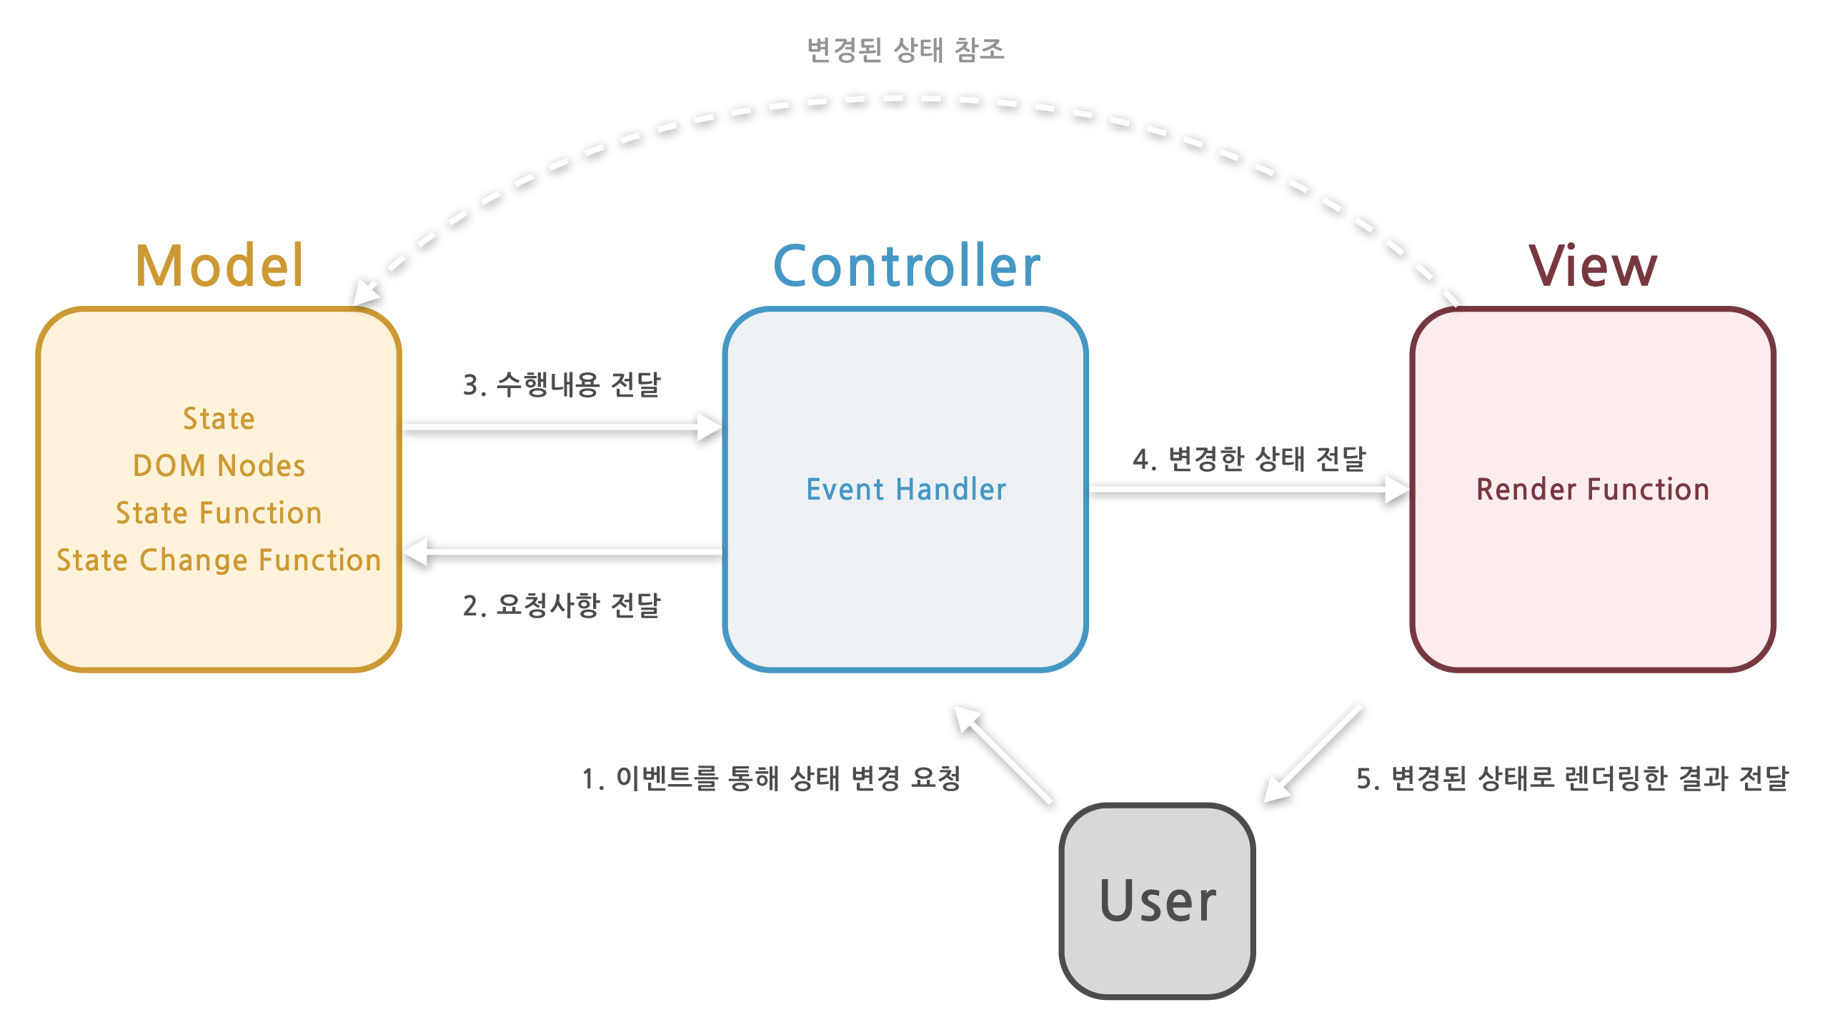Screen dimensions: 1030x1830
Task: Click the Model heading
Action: [219, 266]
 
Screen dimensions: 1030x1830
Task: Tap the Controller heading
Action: [906, 266]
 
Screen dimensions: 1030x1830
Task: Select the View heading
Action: [1593, 266]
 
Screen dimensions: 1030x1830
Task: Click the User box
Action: [1157, 901]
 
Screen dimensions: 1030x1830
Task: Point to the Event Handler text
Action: [906, 490]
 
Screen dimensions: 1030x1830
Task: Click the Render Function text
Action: [1593, 490]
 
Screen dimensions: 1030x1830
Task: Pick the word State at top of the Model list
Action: [219, 419]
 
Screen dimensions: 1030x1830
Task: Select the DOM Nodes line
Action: [219, 466]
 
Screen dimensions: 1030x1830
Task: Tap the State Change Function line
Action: [219, 560]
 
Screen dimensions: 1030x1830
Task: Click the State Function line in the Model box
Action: [219, 513]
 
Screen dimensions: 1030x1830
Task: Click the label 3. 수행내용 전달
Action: [562, 385]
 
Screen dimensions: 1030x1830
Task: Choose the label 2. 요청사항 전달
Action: [562, 605]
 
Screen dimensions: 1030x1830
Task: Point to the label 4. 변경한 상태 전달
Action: [1249, 459]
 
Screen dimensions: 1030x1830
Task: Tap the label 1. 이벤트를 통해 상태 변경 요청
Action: [771, 778]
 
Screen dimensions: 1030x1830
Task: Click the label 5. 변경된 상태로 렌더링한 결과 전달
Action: [1572, 778]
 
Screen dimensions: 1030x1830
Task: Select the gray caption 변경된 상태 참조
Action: [905, 50]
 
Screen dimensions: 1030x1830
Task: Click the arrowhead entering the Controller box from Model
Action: [710, 427]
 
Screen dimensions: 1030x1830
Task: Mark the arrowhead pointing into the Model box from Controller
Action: [417, 552]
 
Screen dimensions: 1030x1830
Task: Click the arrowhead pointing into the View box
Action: [1396, 490]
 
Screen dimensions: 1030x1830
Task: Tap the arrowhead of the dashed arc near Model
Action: [365, 293]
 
